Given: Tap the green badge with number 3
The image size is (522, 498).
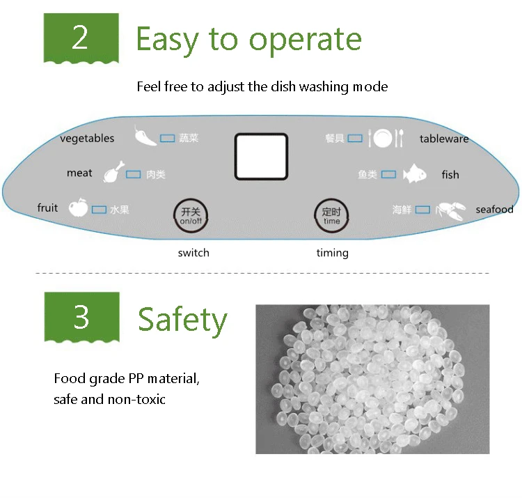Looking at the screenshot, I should [x=81, y=317].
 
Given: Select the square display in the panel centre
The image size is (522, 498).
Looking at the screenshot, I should [x=261, y=157].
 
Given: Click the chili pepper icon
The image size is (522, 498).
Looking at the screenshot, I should [x=145, y=135].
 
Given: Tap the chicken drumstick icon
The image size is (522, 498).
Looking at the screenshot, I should [x=113, y=172].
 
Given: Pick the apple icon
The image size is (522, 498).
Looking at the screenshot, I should [x=78, y=208].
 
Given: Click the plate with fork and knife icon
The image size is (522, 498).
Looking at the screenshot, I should [x=385, y=139].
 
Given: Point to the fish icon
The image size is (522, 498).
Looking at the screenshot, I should [x=415, y=173].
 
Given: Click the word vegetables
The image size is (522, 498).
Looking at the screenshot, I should [x=87, y=138].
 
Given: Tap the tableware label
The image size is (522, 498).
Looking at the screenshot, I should [x=444, y=139].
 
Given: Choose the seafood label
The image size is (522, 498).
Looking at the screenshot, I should [x=494, y=209].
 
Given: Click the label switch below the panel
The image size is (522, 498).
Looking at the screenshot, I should [x=193, y=253].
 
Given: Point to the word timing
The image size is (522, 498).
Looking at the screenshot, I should [x=332, y=253].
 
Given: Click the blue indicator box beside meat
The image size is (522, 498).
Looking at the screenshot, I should [x=133, y=174].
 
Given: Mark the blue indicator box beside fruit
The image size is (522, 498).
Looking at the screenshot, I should [x=99, y=209].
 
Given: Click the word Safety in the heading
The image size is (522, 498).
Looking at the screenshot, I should [x=182, y=320].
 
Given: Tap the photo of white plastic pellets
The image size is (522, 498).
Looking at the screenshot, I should [x=372, y=379].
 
